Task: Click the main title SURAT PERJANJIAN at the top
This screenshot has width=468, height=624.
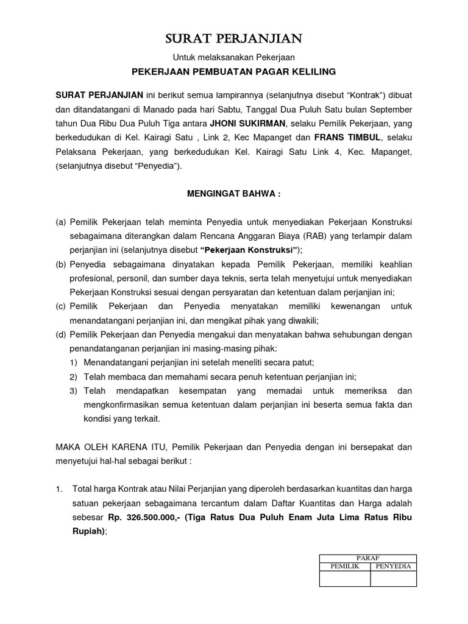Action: pyautogui.click(x=234, y=40)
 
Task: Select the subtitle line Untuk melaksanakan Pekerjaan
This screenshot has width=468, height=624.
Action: pyautogui.click(x=234, y=58)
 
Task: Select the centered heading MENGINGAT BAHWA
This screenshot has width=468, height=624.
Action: pyautogui.click(x=234, y=194)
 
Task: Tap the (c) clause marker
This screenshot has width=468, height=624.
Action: pyautogui.click(x=61, y=307)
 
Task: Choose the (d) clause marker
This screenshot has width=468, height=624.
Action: pyautogui.click(x=61, y=335)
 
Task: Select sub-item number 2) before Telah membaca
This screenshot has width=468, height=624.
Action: pyautogui.click(x=73, y=377)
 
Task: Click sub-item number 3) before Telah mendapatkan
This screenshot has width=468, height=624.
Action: pyautogui.click(x=73, y=391)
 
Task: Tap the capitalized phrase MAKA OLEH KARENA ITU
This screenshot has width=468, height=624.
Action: pyautogui.click(x=106, y=447)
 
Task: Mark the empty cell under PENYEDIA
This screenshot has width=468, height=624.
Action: pyautogui.click(x=393, y=578)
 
